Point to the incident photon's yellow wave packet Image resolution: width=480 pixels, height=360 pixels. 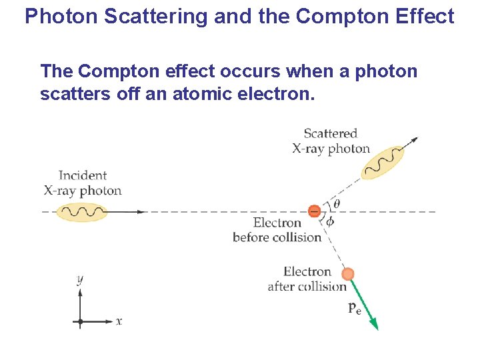(x=82, y=212)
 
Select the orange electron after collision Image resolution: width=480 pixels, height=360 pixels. (x=347, y=274)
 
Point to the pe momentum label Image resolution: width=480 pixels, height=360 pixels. (x=355, y=308)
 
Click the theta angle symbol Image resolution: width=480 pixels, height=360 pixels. (x=336, y=203)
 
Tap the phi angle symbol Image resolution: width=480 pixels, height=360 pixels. (x=330, y=222)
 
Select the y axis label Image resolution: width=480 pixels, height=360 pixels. (x=80, y=280)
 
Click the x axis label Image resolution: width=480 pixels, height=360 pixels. (x=119, y=321)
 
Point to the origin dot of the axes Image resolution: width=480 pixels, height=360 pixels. (x=80, y=321)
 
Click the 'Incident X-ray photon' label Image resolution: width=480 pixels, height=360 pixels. (x=83, y=183)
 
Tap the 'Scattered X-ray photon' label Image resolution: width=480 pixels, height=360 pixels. (x=331, y=141)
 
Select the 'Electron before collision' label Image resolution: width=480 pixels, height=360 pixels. (x=277, y=230)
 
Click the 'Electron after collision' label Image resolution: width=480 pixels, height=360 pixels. (x=307, y=279)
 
